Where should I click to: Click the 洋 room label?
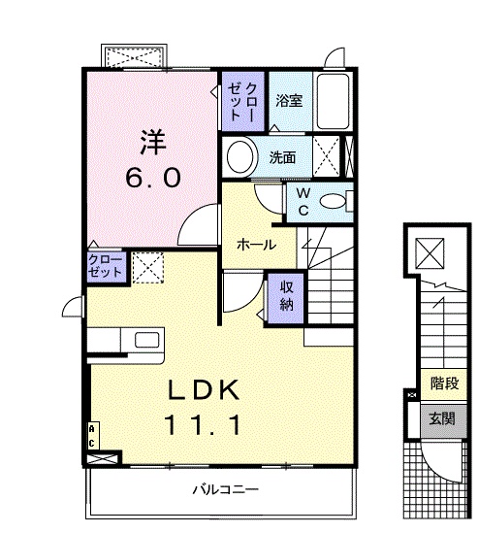click(151, 143)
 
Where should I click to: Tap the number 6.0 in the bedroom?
click(151, 179)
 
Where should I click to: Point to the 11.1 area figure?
click(203, 423)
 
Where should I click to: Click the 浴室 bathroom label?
click(288, 100)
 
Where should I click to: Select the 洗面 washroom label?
click(283, 156)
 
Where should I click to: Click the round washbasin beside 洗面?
click(239, 155)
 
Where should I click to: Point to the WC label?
click(302, 202)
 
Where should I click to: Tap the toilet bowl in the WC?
click(333, 202)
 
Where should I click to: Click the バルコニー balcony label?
click(224, 488)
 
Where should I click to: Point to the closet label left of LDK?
click(105, 265)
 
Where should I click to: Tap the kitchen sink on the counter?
click(147, 340)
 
